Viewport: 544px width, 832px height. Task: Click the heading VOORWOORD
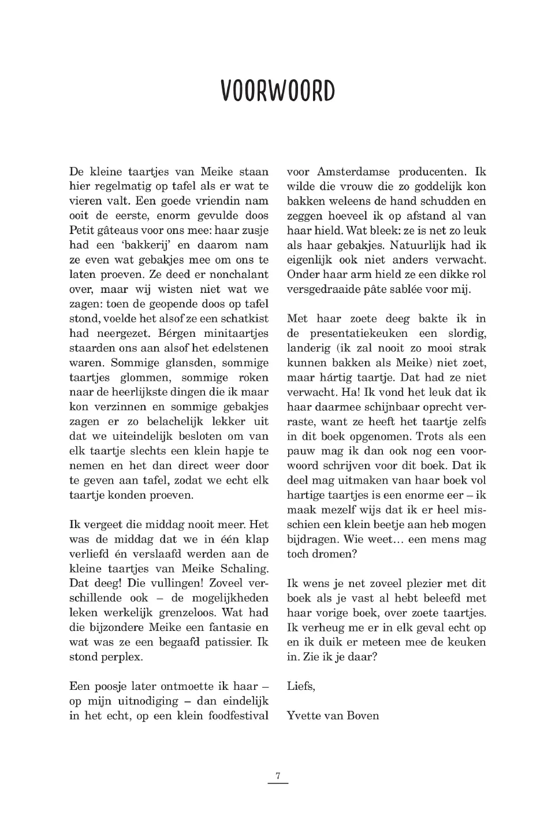[278, 91]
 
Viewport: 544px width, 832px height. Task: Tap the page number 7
[278, 776]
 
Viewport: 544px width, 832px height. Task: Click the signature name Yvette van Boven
[333, 716]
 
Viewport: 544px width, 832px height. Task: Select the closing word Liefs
[300, 686]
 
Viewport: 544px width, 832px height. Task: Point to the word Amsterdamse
[353, 172]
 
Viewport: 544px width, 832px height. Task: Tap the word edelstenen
[238, 348]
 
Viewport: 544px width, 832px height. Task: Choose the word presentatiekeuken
[358, 333]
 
